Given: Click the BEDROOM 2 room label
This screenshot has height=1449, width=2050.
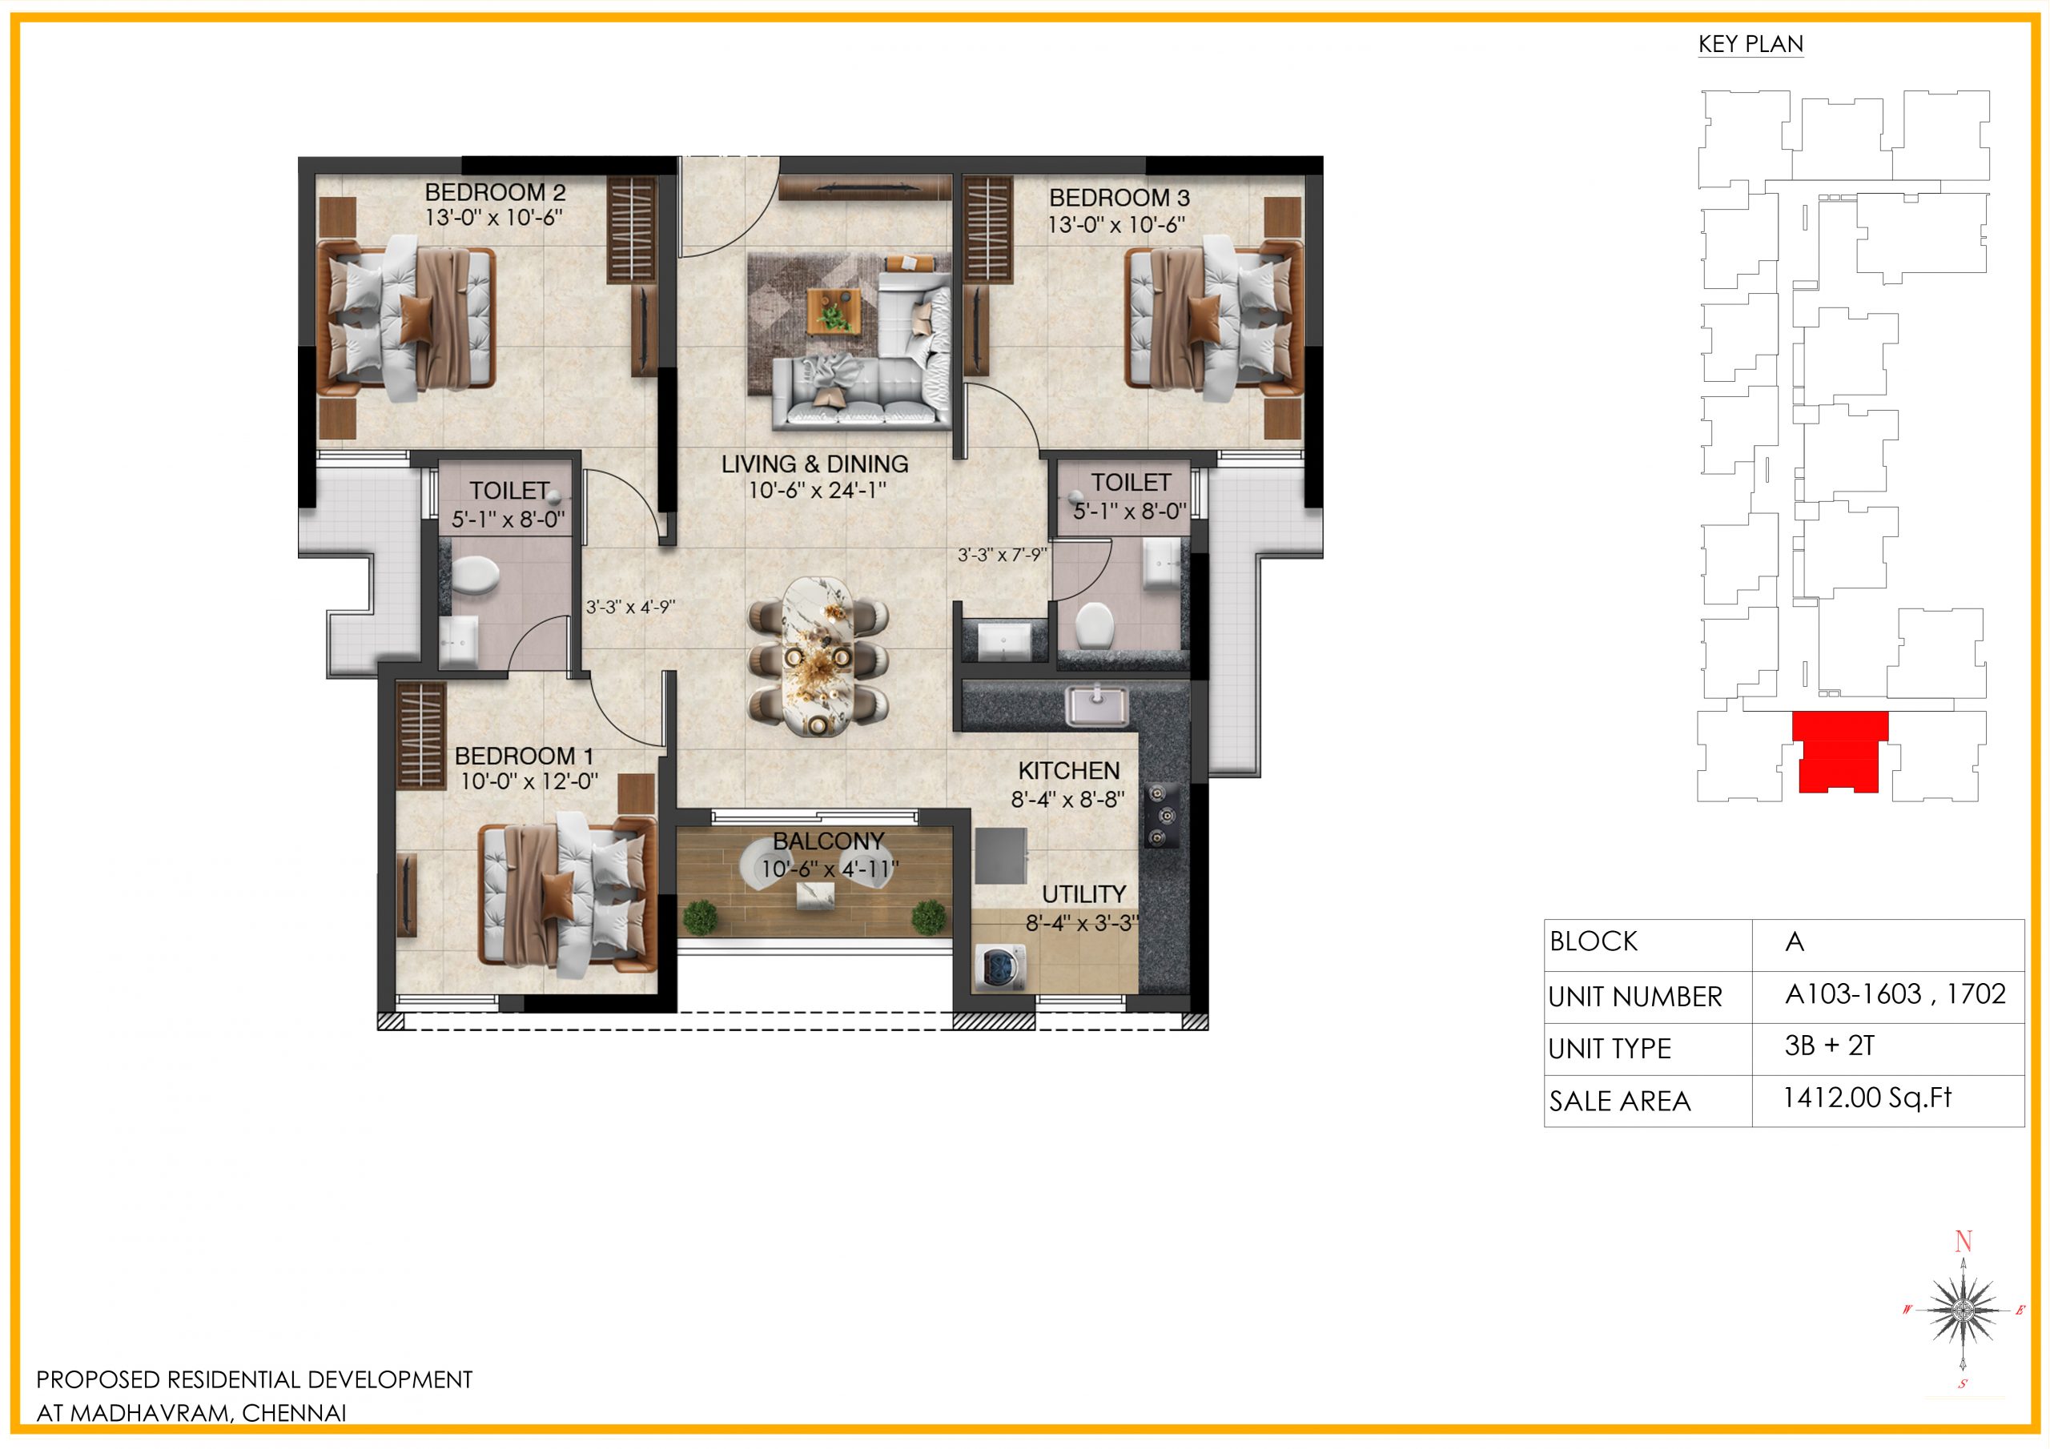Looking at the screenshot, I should [x=495, y=192].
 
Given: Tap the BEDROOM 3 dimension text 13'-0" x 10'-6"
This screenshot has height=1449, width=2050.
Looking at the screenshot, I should [x=1116, y=224].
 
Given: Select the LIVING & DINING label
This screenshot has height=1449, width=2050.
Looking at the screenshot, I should [x=814, y=464].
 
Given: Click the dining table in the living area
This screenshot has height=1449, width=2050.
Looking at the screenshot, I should [x=818, y=657].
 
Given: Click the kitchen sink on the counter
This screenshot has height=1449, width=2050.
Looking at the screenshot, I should [x=1095, y=705].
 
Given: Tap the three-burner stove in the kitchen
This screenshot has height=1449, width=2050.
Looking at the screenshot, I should [x=1158, y=814].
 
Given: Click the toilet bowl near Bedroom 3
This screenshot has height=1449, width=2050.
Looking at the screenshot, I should [x=1094, y=625].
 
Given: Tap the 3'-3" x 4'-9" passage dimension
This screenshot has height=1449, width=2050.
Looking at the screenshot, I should [x=630, y=607].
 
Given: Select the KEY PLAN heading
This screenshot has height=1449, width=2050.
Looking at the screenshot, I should [x=1750, y=44].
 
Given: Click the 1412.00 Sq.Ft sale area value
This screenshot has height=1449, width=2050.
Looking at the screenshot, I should [x=1867, y=1098].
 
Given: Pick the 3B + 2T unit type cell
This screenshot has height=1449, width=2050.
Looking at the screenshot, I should [x=1828, y=1046].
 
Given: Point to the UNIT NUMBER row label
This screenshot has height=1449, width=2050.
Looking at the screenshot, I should [x=1635, y=997].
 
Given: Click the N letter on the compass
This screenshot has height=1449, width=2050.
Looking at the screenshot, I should [x=1963, y=1241].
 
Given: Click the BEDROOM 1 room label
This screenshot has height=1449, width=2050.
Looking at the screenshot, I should [x=523, y=755].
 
